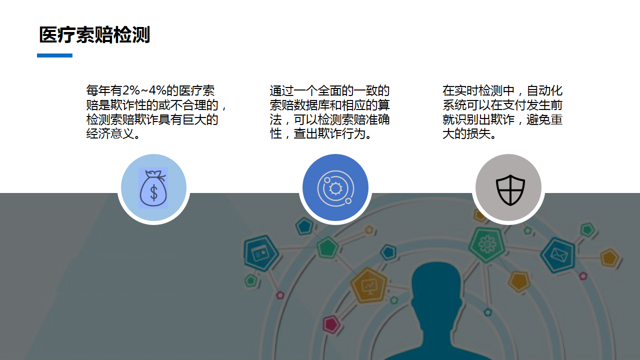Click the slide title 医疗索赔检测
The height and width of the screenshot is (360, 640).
pos(94,35)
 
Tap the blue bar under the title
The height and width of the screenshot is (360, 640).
pos(54,55)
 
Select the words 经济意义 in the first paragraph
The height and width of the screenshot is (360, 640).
pos(110,133)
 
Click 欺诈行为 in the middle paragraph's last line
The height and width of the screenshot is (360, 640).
pos(341,133)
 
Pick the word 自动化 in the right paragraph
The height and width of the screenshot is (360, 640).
pos(544,90)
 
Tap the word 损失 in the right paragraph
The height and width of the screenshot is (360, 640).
pos(478,133)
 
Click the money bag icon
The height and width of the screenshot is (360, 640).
pos(153,187)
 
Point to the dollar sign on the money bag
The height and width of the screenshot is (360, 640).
pos(153,192)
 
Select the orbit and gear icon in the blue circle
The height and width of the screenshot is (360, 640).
pos(335,188)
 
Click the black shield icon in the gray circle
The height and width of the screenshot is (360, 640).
pos(510,190)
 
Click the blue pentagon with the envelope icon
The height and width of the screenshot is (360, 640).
pos(558,254)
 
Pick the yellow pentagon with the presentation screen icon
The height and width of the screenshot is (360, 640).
pos(368,285)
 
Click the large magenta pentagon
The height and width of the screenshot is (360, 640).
pos(331,324)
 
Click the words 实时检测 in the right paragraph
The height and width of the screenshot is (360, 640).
pos(478,90)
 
